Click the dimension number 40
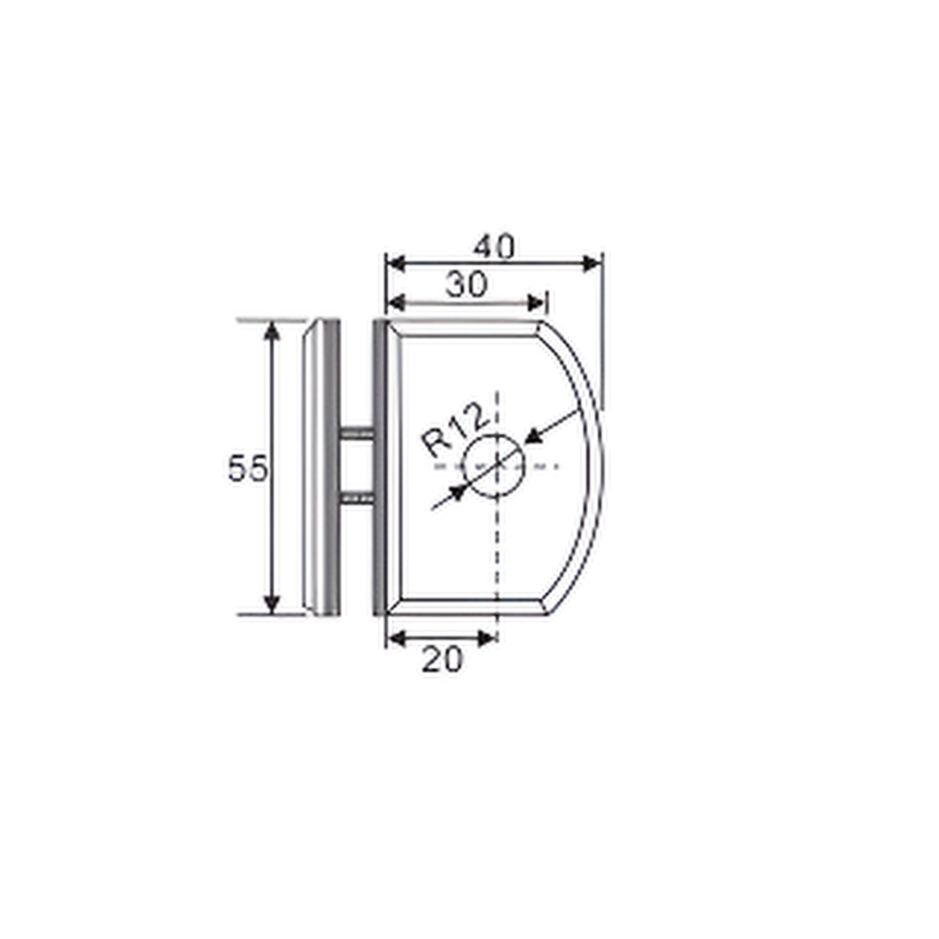[493, 247]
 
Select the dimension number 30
[466, 285]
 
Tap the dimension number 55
[247, 469]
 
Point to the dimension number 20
[441, 660]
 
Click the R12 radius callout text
[455, 431]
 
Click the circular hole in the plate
[495, 465]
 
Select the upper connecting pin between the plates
[357, 433]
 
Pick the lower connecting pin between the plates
[357, 498]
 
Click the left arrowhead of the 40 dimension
[396, 263]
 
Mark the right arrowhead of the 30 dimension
[536, 303]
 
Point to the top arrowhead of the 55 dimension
[272, 332]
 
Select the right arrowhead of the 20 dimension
[487, 638]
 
